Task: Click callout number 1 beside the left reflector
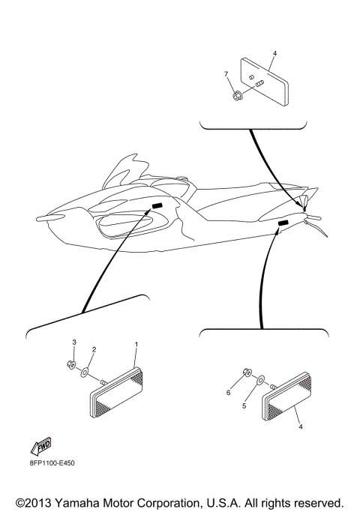[136, 344]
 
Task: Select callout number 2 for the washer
[94, 349]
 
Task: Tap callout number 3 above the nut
[73, 342]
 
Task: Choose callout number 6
[229, 392]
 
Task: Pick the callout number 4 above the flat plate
[274, 54]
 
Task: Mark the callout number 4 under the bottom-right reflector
[301, 427]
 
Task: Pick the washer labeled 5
[259, 381]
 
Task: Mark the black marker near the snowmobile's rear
[283, 224]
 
